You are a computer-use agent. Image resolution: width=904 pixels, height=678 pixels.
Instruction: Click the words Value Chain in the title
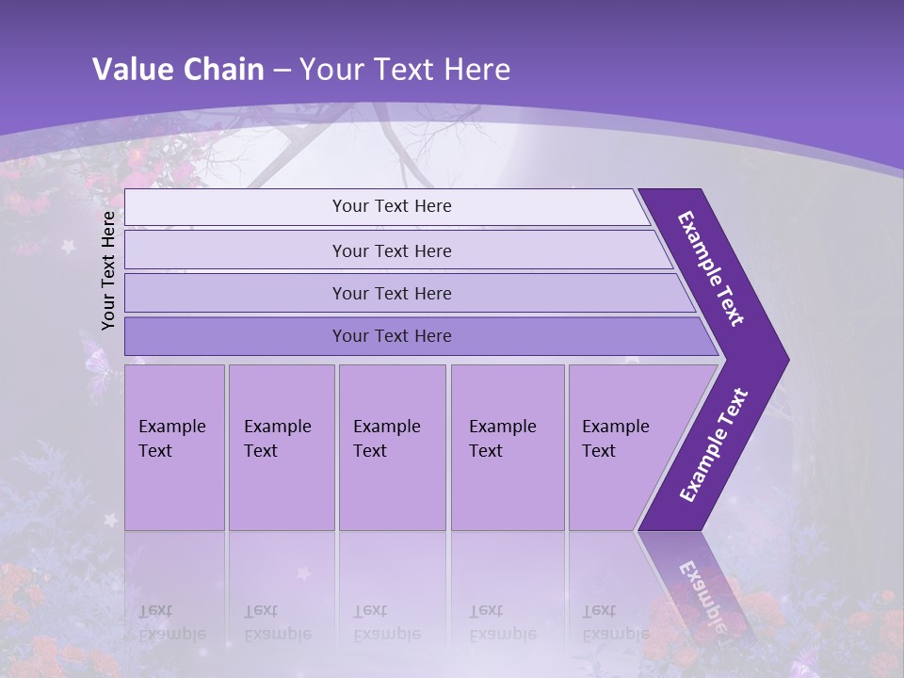(x=179, y=70)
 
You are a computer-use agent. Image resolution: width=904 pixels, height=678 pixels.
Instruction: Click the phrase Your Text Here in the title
(x=405, y=70)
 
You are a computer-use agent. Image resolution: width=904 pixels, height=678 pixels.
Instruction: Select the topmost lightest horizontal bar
(x=391, y=206)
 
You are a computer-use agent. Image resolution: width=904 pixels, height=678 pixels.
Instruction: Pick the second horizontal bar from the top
(x=391, y=250)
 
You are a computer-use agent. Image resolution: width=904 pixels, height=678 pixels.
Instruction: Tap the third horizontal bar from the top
(x=391, y=293)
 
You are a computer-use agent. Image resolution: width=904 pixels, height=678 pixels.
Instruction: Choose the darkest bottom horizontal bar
(x=391, y=336)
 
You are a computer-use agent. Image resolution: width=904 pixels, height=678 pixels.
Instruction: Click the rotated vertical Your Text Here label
(x=108, y=270)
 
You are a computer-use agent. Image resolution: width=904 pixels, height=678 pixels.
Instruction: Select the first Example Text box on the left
(x=174, y=447)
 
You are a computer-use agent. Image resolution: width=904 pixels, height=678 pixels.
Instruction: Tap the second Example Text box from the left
(x=281, y=447)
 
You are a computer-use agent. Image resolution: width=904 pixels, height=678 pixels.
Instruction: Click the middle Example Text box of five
(x=392, y=447)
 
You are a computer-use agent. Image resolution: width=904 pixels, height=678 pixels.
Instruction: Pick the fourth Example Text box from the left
(x=507, y=447)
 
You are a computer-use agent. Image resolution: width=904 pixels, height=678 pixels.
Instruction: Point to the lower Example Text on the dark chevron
(x=714, y=445)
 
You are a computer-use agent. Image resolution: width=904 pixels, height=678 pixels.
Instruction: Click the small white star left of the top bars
(x=68, y=247)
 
